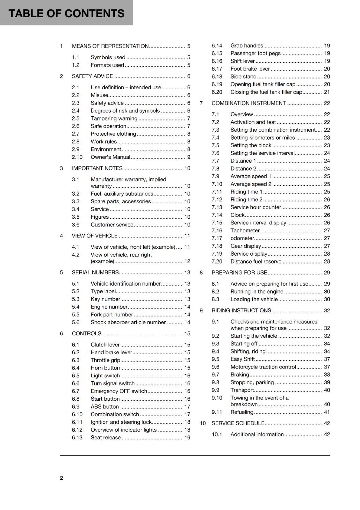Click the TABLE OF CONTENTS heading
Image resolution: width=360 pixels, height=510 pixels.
click(x=66, y=13)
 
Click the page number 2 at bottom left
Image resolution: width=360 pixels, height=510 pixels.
click(x=61, y=478)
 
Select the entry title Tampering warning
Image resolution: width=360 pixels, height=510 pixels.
click(x=114, y=119)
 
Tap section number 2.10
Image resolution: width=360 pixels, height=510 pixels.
click(x=77, y=157)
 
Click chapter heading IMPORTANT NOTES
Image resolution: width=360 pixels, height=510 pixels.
click(x=97, y=168)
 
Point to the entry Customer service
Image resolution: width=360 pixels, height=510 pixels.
click(x=112, y=225)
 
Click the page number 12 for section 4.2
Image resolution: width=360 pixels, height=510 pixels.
click(x=187, y=261)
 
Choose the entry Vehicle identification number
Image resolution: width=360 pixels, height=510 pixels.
click(x=126, y=284)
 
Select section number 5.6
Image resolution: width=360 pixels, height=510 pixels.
click(x=76, y=323)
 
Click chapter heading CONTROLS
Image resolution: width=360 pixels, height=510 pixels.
click(x=86, y=334)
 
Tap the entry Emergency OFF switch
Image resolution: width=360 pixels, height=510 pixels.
click(x=119, y=391)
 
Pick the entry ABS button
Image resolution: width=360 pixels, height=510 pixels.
click(x=104, y=407)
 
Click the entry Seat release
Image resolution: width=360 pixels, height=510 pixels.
click(x=105, y=438)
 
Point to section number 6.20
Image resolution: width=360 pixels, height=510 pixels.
click(x=217, y=92)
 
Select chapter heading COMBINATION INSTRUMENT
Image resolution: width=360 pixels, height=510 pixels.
click(x=248, y=103)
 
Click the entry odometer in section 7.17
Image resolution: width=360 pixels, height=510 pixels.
click(x=242, y=238)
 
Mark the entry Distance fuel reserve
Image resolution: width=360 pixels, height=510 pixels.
click(x=256, y=262)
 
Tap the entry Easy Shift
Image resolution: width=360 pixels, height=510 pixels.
click(x=242, y=359)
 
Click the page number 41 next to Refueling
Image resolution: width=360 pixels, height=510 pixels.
click(x=327, y=412)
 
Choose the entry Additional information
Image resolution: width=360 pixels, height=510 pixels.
click(x=257, y=434)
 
